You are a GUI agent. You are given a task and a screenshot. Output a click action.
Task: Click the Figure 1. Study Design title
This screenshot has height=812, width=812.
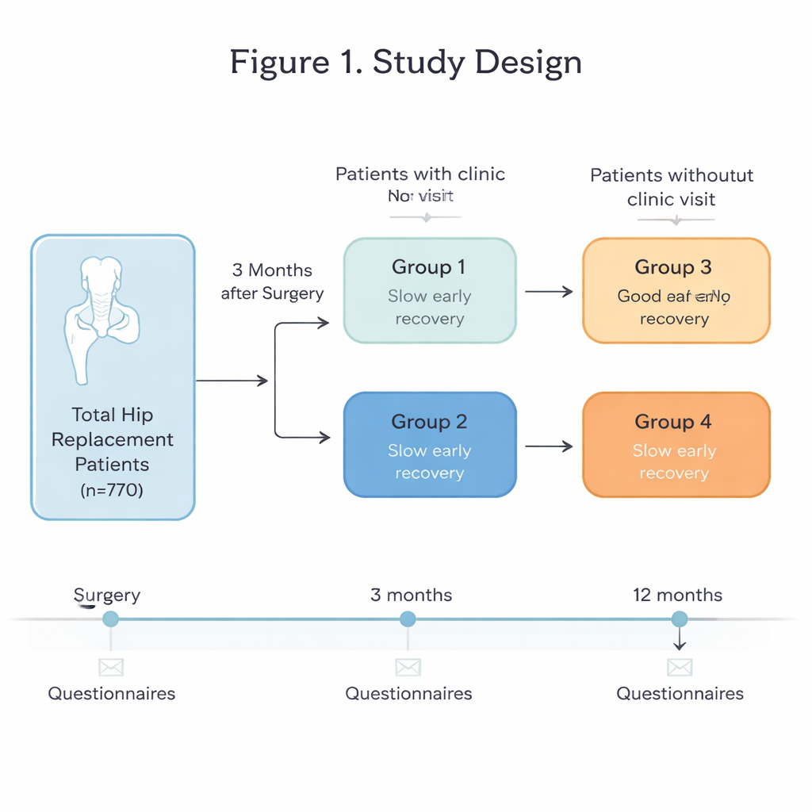[406, 63]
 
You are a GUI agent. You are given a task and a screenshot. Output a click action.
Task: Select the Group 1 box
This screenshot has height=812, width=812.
[430, 291]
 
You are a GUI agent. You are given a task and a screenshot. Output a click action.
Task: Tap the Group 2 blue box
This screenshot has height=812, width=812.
[430, 446]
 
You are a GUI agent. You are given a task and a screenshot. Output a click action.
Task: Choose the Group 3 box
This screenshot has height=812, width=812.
[676, 291]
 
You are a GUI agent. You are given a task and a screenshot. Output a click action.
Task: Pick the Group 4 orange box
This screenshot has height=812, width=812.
[676, 446]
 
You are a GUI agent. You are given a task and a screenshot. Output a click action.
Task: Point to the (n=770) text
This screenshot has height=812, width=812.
[112, 490]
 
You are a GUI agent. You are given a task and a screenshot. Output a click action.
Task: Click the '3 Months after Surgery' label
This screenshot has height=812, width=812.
[272, 282]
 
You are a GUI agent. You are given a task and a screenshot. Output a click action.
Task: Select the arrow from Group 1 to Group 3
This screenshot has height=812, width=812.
[549, 292]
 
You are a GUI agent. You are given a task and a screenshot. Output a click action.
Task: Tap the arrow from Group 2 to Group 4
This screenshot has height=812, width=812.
[549, 446]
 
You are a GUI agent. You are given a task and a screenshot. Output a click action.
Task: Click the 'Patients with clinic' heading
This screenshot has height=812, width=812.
[420, 174]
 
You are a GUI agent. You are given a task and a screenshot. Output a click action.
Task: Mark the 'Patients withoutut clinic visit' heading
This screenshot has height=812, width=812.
[672, 187]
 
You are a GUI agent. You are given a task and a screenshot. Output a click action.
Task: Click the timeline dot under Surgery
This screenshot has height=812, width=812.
[111, 619]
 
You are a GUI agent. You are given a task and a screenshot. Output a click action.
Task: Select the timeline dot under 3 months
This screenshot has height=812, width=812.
[408, 619]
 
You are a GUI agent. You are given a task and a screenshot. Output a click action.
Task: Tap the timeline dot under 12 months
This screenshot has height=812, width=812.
[680, 619]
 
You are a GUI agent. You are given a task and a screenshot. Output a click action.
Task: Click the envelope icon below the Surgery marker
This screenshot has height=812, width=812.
[111, 667]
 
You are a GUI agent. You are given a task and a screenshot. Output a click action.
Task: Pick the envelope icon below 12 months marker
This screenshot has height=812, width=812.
[680, 667]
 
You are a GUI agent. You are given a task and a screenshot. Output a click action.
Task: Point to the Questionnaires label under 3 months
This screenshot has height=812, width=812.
[408, 694]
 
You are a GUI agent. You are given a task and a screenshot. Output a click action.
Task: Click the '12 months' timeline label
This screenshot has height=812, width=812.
[677, 595]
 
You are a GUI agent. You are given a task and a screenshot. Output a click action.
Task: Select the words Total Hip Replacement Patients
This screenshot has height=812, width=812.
[112, 439]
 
